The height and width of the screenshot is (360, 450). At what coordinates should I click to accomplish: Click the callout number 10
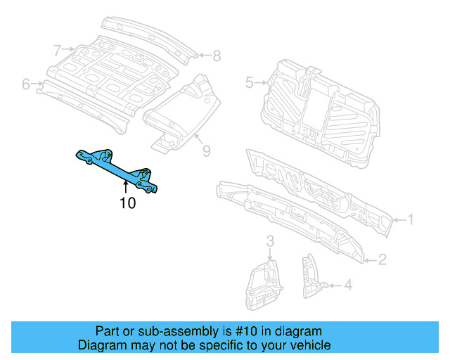(127, 204)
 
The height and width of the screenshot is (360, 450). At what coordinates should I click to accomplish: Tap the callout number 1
(411, 220)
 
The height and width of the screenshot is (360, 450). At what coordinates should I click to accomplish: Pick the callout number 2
(382, 260)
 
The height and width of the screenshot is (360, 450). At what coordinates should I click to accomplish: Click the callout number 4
(26, 84)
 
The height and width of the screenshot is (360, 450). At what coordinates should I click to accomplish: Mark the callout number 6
(217, 55)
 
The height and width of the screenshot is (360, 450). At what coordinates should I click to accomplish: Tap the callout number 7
(207, 149)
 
